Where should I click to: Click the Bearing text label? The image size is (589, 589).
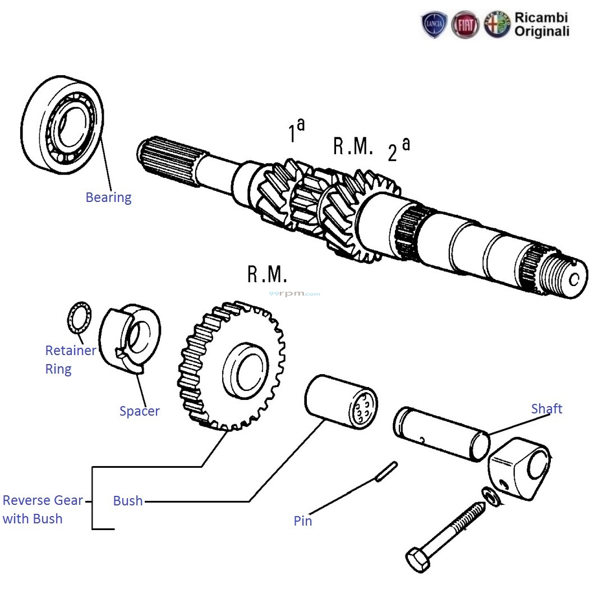108,197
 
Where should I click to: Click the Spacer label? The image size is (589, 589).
139,411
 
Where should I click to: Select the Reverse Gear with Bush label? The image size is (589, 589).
43,509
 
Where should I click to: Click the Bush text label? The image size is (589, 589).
128,501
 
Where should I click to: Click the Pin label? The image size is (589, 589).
303,521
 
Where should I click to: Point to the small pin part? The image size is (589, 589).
386,471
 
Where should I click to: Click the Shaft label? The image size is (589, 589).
546,409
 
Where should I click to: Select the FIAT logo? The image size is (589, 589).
466,25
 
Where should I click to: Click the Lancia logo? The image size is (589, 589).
434,25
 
